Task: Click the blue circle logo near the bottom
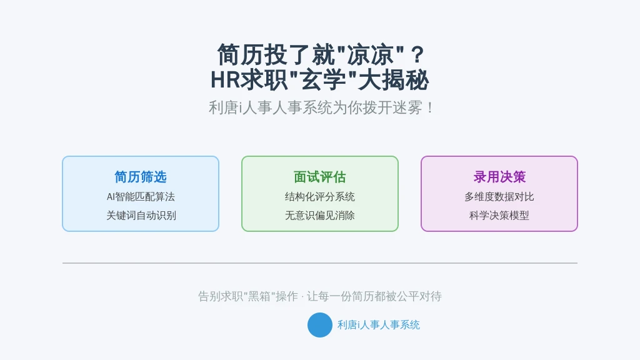(319, 325)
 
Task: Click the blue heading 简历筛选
(141, 177)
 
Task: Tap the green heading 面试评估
(319, 177)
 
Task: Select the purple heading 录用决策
(499, 177)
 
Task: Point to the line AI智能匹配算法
(141, 197)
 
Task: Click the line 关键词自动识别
(141, 216)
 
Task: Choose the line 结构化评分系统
(319, 197)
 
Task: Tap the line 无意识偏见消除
(319, 216)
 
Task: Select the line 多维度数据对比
(499, 197)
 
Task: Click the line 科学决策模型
(499, 216)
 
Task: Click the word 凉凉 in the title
(370, 55)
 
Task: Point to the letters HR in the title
(225, 80)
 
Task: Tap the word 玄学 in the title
(323, 80)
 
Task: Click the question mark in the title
(417, 55)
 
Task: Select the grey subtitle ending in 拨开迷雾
(321, 108)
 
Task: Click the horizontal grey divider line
(320, 263)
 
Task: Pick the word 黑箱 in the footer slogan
(259, 296)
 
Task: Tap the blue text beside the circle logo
(378, 325)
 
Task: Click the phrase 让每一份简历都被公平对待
(374, 296)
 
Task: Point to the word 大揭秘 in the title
(393, 80)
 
